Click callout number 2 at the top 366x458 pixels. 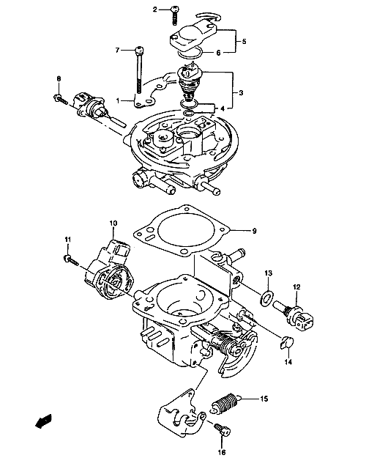pyautogui.click(x=155, y=10)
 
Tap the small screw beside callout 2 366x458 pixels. pyautogui.click(x=174, y=15)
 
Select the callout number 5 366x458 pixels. pyautogui.click(x=244, y=42)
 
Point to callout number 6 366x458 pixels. pyautogui.click(x=218, y=53)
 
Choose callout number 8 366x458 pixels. pyautogui.click(x=59, y=78)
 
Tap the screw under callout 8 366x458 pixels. pyautogui.click(x=61, y=99)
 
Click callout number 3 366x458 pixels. pyautogui.click(x=241, y=93)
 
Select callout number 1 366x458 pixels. pyautogui.click(x=118, y=101)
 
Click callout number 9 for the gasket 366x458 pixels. pyautogui.click(x=254, y=231)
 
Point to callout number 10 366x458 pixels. pyautogui.click(x=113, y=224)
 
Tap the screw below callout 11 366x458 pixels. pyautogui.click(x=71, y=260)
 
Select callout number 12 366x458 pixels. pyautogui.click(x=296, y=287)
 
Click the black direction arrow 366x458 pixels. pyautogui.click(x=43, y=421)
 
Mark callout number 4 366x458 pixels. pyautogui.click(x=223, y=109)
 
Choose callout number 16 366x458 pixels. pyautogui.click(x=222, y=452)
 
